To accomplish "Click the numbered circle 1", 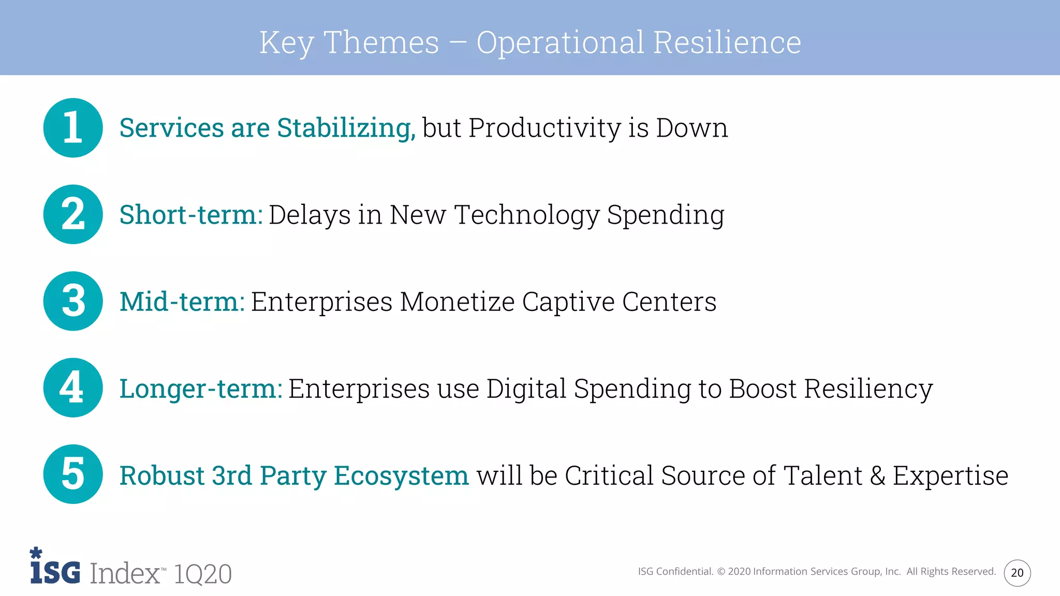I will coord(73,128).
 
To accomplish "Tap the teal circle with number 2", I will coord(73,214).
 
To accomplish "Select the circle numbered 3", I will coord(73,301).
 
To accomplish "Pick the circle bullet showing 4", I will coord(73,388).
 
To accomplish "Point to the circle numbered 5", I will coord(73,474).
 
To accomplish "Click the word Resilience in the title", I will coord(727,42).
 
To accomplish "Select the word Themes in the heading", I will coord(381,42).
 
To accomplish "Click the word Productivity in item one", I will coord(544,128).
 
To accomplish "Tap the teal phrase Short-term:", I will coord(191,215).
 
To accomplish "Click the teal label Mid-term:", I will coord(182,302).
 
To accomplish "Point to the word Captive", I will coord(568,302).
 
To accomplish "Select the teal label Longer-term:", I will coord(201,389).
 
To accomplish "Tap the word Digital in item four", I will coord(526,389).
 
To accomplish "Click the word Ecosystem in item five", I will coord(401,475).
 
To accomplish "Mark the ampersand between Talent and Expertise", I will coord(877,475).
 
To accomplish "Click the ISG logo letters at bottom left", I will coord(55,571).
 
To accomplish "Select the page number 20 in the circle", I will coord(1017,573).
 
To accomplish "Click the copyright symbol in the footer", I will coord(721,572).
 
